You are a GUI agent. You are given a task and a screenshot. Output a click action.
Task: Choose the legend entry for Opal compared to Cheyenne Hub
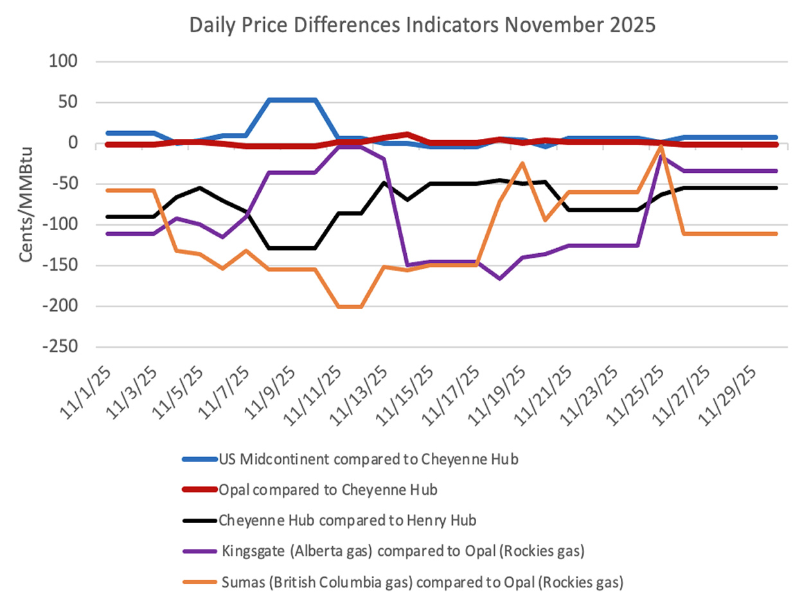[x=328, y=490]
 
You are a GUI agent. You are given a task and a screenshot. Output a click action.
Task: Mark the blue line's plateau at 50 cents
[x=292, y=100]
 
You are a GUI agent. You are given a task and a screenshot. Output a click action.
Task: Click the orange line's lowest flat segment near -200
[x=351, y=307]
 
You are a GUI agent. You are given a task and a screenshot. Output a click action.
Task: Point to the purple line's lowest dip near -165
[x=499, y=278]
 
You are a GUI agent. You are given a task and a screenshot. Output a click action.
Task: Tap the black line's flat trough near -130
[x=292, y=248]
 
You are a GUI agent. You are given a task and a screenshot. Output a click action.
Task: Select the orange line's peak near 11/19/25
[x=522, y=163]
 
